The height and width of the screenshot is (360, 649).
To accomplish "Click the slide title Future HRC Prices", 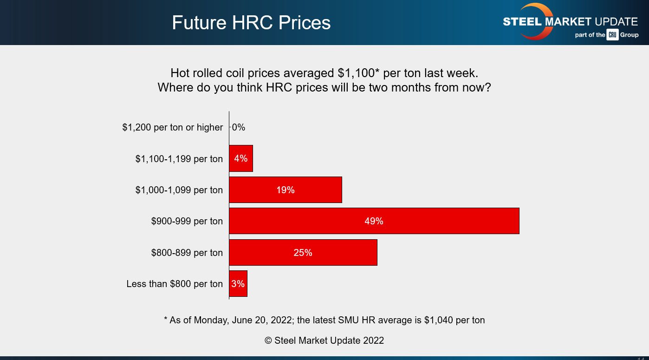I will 251,23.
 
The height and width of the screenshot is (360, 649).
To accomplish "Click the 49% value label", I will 374,221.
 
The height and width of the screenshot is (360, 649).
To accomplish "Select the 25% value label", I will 303,253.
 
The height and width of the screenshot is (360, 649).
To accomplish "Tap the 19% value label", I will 285,190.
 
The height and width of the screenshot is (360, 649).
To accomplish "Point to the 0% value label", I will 239,127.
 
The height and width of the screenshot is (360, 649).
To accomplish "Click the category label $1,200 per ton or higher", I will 173,127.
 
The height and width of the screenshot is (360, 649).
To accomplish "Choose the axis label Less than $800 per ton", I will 175,284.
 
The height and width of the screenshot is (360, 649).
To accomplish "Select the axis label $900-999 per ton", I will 187,221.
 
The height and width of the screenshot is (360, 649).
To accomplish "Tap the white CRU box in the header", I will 612,35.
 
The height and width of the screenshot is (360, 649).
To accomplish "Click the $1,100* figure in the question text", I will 358,73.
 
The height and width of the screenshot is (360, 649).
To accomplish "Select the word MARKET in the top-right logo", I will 571,22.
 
